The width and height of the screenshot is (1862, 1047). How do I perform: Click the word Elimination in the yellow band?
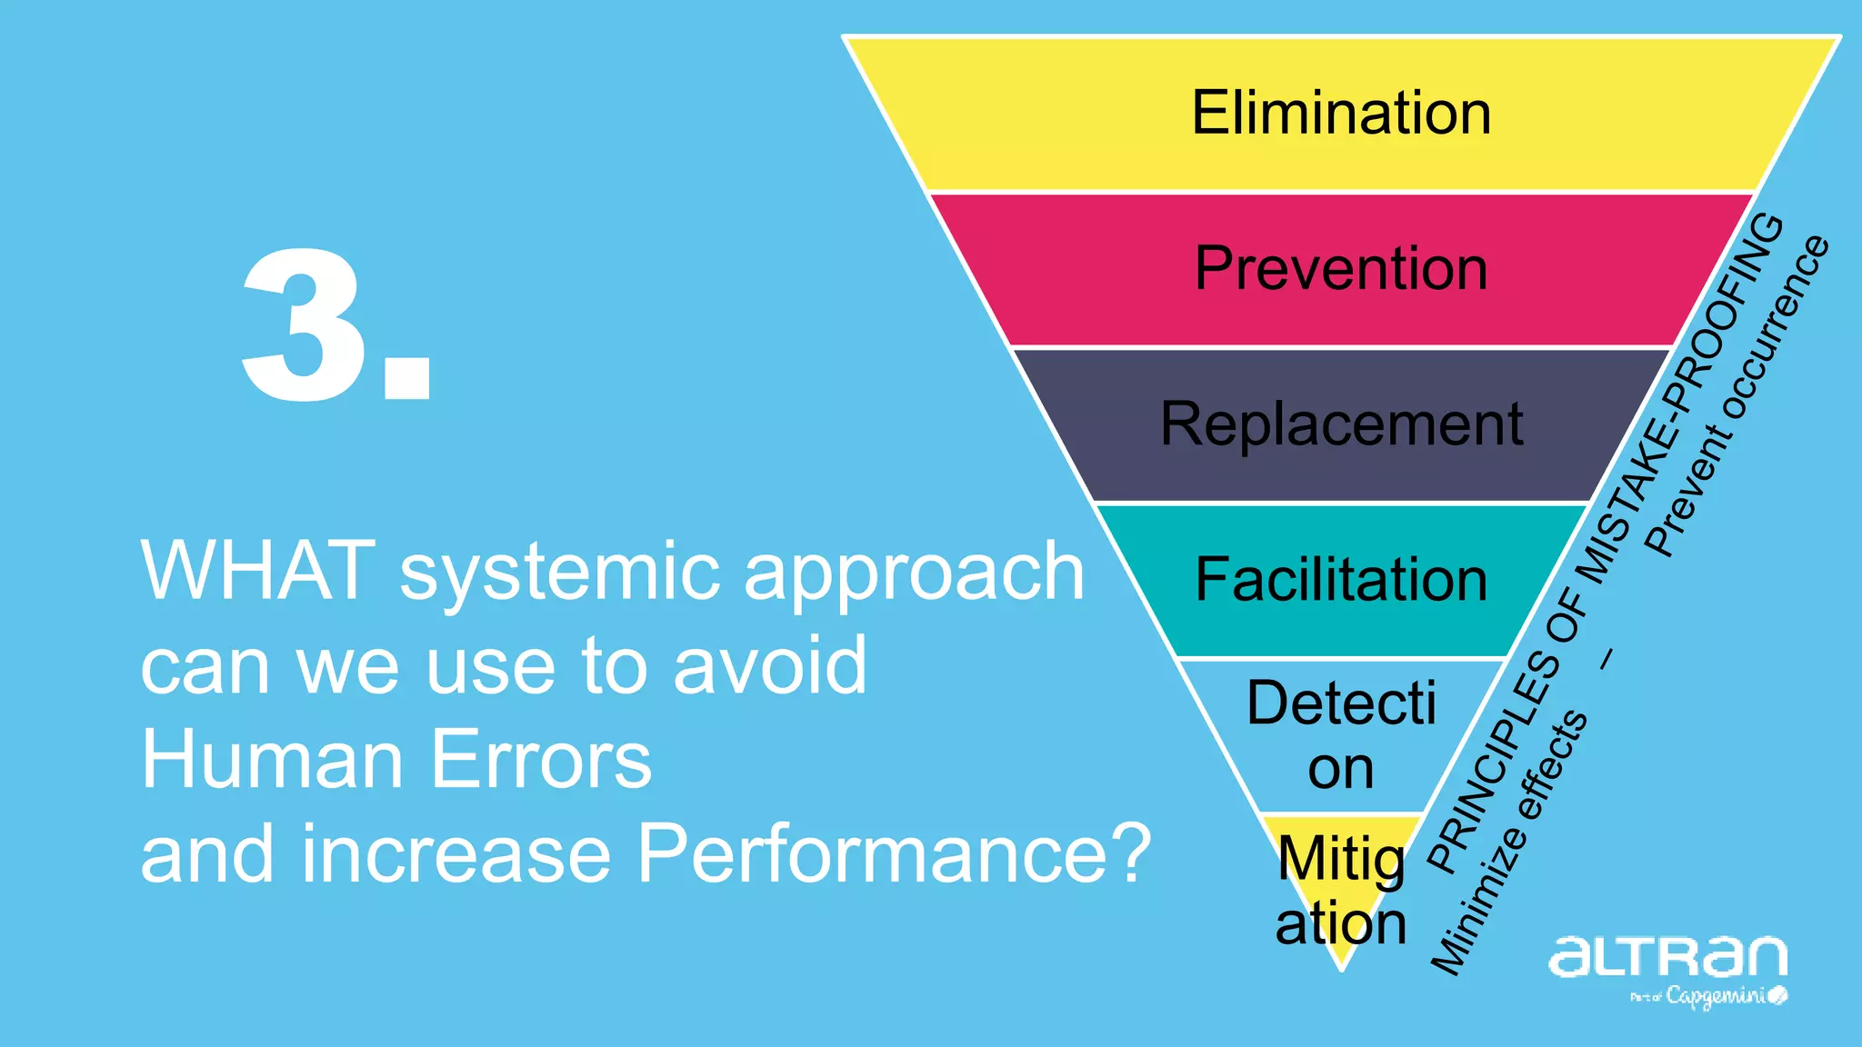pos(1341,113)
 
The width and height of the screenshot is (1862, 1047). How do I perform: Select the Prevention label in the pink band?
pos(1341,269)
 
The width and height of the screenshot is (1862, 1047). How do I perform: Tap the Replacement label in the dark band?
pos(1341,424)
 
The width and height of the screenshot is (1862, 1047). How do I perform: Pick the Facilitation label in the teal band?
pos(1341,580)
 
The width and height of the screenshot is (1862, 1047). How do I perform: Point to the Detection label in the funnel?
pos(1341,734)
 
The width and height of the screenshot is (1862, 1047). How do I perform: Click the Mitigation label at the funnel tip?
pos(1341,891)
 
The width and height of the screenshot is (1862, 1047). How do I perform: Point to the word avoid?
pos(770,665)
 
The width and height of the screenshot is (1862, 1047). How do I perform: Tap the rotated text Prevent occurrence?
pos(1737,396)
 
